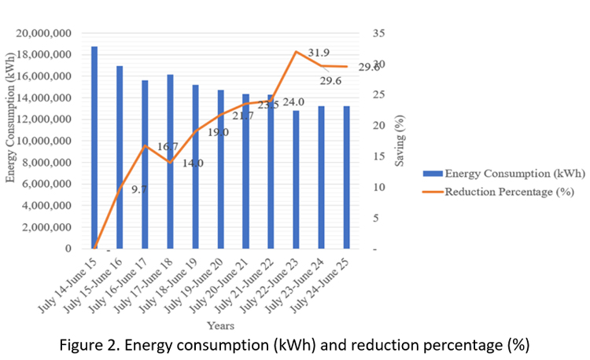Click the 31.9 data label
pos(319,53)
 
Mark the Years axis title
pos(220,325)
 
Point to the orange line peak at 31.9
pos(296,52)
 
